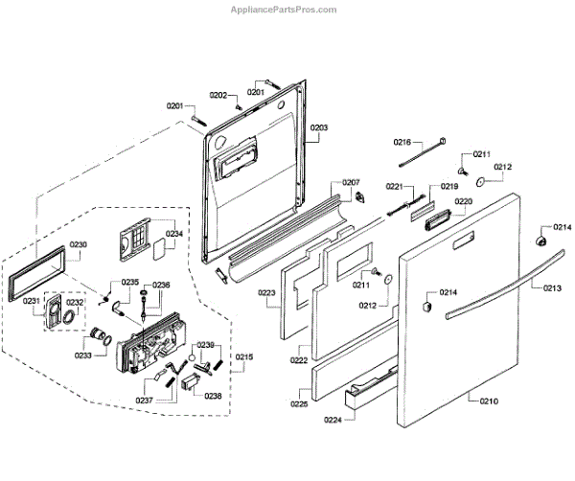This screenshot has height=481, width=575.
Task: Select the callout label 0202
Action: click(218, 96)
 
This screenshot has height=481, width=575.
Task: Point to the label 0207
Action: click(350, 182)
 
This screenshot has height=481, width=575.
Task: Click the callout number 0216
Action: click(402, 143)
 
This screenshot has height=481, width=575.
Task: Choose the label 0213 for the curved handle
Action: click(551, 287)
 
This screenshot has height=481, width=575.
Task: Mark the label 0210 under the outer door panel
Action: click(488, 401)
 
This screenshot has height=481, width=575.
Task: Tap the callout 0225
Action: click(298, 391)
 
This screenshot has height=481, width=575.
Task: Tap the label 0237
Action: click(145, 400)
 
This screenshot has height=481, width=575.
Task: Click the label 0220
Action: click(463, 201)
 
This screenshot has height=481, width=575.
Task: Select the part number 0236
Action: click(160, 285)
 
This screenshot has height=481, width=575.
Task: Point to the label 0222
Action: click(299, 360)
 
